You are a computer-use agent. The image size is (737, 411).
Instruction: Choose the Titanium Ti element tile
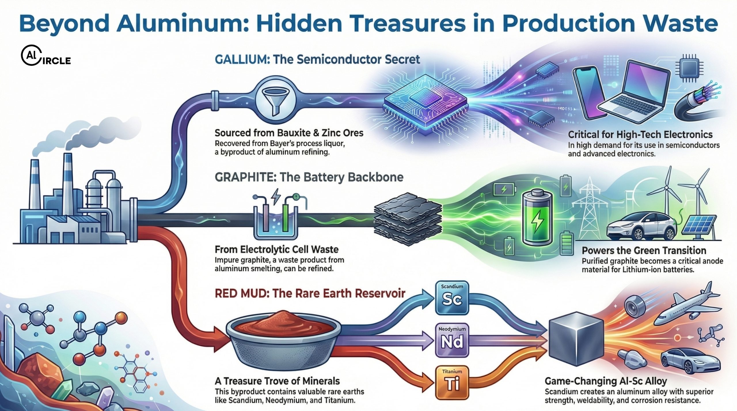click(452, 382)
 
